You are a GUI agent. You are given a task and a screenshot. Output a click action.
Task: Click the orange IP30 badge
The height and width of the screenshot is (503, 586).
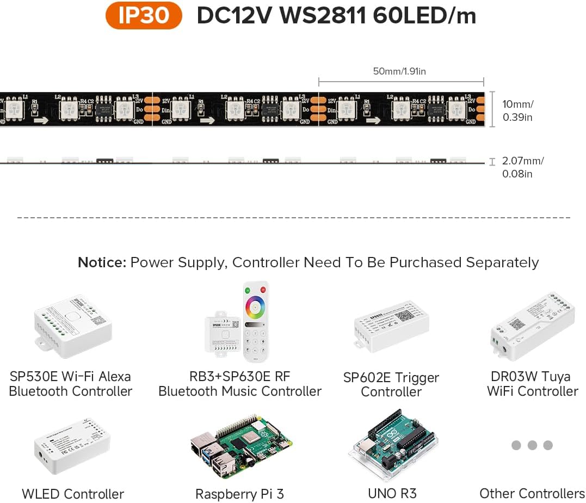144,16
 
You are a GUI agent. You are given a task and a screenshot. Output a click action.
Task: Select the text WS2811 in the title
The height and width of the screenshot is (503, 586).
322,16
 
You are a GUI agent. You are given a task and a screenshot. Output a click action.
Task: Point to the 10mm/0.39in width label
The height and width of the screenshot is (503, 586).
518,111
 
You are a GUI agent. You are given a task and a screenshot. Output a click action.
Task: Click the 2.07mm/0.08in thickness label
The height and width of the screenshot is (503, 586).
523,167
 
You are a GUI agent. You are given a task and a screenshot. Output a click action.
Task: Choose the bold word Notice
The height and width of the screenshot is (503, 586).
101,262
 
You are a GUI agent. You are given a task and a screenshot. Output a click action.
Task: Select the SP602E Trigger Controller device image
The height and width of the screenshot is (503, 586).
391,329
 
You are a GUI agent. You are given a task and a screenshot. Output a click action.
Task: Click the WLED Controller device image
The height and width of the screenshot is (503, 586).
71,446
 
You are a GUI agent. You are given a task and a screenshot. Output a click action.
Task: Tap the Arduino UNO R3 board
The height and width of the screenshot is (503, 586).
392,446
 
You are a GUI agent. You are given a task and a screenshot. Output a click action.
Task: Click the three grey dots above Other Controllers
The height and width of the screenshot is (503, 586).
532,445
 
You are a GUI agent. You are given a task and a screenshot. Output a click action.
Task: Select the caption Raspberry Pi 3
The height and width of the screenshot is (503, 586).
239,494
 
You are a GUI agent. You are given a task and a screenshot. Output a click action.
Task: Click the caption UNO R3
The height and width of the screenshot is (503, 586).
392,494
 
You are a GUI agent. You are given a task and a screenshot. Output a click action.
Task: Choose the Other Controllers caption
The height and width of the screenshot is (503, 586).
532,494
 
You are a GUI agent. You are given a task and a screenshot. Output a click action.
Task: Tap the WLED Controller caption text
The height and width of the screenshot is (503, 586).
73,494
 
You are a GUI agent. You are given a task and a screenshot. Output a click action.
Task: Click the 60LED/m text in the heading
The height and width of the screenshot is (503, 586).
424,16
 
